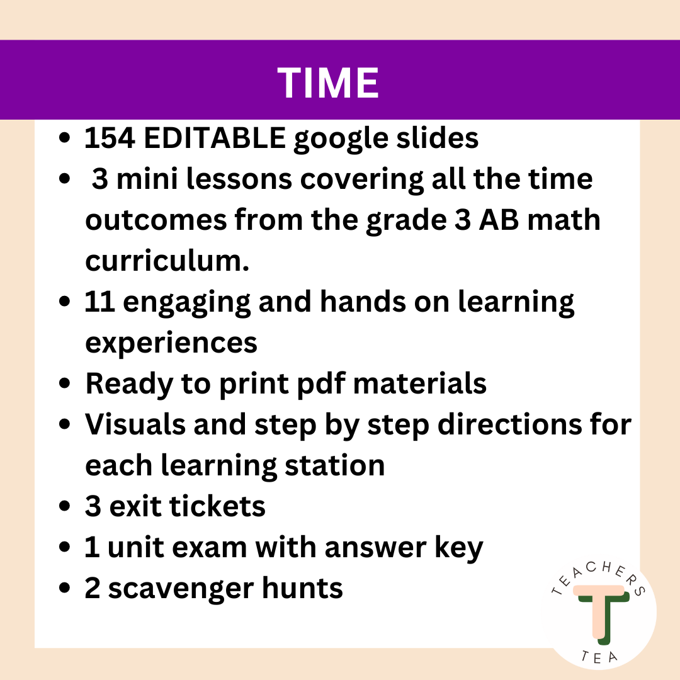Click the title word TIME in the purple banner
[x=328, y=82]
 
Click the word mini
[x=147, y=179]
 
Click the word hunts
[x=305, y=589]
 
